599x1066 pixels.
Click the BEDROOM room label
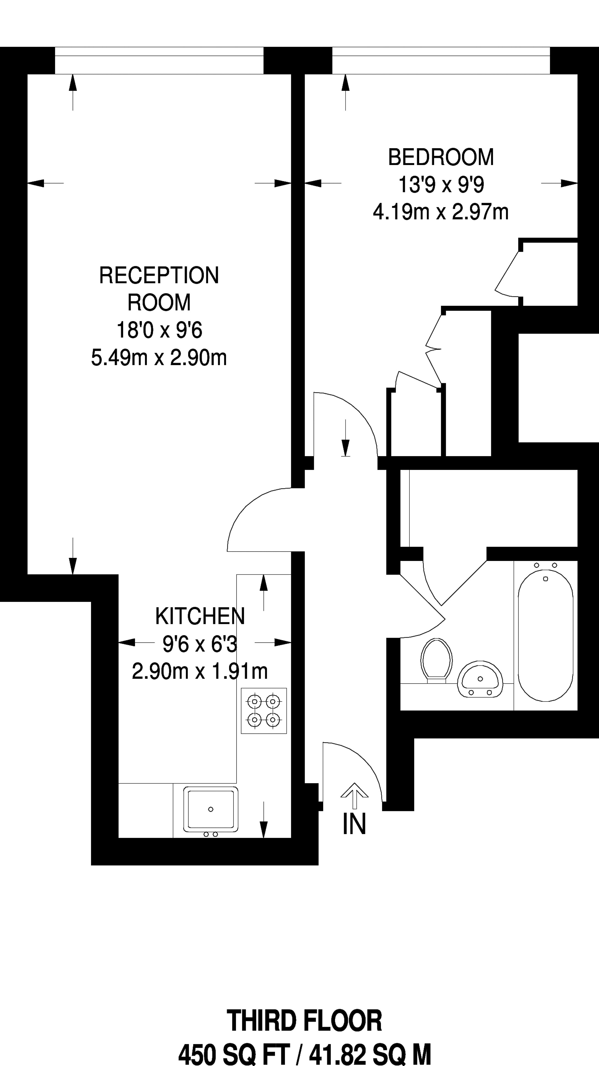pyautogui.click(x=441, y=157)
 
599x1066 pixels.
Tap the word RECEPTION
pyautogui.click(x=159, y=276)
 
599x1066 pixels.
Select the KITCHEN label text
pyautogui.click(x=200, y=616)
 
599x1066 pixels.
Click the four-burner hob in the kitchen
pyautogui.click(x=263, y=711)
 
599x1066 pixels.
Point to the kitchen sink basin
pyautogui.click(x=211, y=809)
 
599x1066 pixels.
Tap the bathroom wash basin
pyautogui.click(x=480, y=680)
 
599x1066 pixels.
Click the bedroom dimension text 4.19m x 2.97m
pyautogui.click(x=441, y=212)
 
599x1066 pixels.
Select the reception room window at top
pyautogui.click(x=159, y=61)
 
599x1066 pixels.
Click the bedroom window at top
pyautogui.click(x=441, y=61)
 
